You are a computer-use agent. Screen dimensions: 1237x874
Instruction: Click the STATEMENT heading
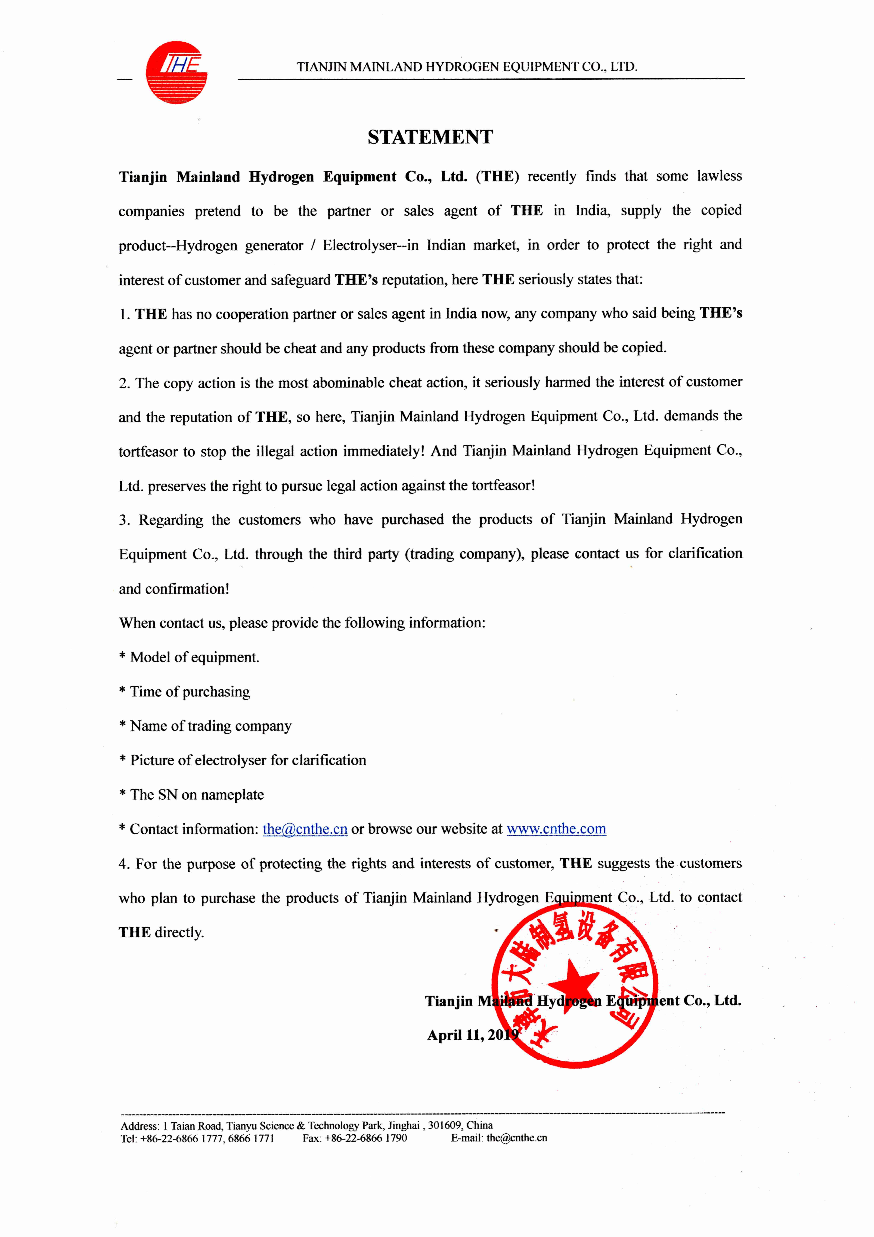coord(430,137)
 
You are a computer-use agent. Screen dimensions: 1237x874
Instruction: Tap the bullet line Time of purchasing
coord(185,692)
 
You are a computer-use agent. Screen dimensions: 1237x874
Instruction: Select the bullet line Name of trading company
coord(205,726)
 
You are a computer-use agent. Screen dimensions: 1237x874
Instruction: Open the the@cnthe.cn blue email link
coord(305,829)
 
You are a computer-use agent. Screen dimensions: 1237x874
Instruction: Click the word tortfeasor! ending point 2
coord(504,485)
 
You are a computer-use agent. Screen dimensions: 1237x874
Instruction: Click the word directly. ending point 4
coord(179,933)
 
